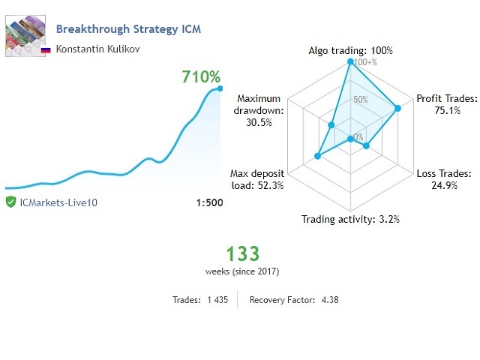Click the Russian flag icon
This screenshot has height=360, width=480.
point(45,49)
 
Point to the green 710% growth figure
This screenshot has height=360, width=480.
point(201,77)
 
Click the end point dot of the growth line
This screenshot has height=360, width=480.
point(220,88)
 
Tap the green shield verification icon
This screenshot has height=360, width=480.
point(10,202)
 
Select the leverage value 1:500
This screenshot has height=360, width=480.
point(209,202)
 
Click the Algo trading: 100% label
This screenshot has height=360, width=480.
point(350,51)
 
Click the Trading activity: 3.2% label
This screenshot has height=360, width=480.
point(350,220)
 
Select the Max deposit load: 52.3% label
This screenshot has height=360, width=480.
point(256,180)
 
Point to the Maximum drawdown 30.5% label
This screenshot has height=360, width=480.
point(259,111)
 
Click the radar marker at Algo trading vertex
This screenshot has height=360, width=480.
point(350,63)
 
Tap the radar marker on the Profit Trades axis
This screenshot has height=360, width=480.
point(397,109)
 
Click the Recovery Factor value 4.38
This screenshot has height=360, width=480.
point(330,299)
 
